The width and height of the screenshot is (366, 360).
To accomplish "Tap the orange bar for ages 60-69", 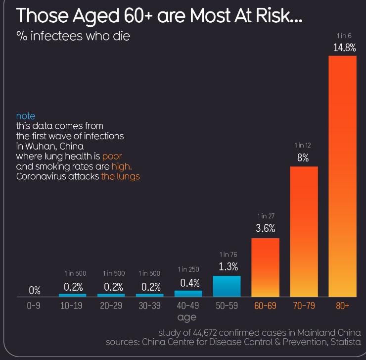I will (x=265, y=267).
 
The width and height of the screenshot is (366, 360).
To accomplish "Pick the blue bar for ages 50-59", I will (x=227, y=286).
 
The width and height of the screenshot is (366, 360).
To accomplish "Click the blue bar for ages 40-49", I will (x=188, y=294).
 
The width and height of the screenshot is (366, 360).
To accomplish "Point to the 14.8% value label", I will (x=342, y=49).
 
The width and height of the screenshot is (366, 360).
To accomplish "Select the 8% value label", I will (x=303, y=158).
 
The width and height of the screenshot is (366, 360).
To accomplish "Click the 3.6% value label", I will (x=265, y=229).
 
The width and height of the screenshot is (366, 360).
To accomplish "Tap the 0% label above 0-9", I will (x=34, y=290).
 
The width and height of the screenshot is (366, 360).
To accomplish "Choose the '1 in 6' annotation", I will (x=342, y=36).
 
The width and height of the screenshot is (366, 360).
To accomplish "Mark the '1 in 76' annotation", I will (x=227, y=255).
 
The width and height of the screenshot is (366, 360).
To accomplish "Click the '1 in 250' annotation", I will (x=188, y=270).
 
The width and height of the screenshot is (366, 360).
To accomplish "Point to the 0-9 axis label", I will (x=34, y=306).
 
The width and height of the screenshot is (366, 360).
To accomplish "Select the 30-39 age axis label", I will (x=149, y=306).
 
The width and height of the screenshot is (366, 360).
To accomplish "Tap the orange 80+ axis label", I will (x=342, y=306).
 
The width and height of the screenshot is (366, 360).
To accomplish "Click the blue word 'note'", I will (x=26, y=116).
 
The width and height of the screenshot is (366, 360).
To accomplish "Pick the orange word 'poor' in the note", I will (x=112, y=156).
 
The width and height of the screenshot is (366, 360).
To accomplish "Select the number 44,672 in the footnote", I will (x=215, y=332).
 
